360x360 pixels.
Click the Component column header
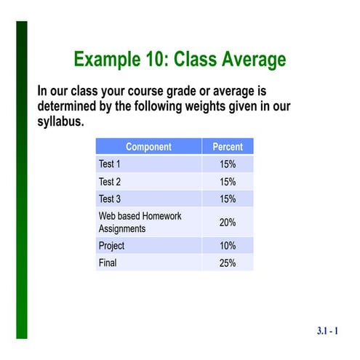tap(148, 147)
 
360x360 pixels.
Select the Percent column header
tap(228, 147)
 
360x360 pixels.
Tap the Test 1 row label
tap(110, 164)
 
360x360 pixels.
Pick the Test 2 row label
tap(110, 182)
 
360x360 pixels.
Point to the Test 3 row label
tap(110, 199)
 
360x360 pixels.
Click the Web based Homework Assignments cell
tap(140, 222)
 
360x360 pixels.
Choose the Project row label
tap(112, 246)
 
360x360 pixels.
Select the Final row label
tap(108, 263)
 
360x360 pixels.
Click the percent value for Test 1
tap(228, 164)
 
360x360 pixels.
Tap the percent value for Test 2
tap(228, 182)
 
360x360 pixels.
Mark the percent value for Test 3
tap(228, 199)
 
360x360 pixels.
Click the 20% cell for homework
tap(228, 222)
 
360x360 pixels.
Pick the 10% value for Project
tap(228, 246)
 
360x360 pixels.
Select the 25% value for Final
tap(228, 263)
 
